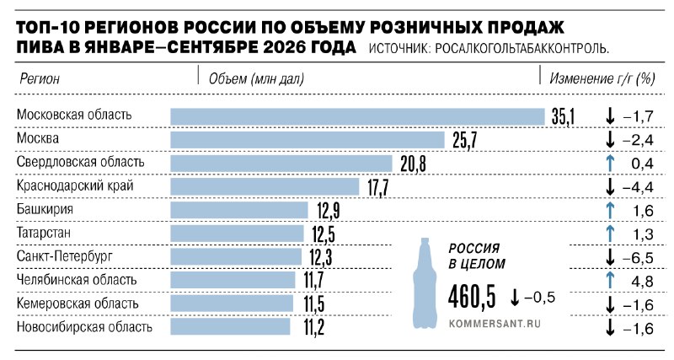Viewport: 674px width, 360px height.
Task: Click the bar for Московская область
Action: (357, 116)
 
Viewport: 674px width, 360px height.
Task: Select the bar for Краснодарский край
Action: (265, 186)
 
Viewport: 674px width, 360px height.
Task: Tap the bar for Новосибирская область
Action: (230, 326)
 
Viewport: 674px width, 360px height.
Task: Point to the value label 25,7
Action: (465, 141)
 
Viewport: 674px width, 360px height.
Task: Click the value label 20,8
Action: (413, 164)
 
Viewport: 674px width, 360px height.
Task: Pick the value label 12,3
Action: (321, 257)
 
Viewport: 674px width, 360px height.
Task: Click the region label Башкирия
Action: (45, 209)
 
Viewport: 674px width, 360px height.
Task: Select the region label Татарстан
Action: (44, 233)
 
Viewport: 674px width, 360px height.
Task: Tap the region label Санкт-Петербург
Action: (65, 256)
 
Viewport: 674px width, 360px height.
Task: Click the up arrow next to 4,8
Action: (609, 281)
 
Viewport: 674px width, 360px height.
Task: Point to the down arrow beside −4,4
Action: (609, 186)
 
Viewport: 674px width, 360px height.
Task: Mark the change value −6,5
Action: (638, 258)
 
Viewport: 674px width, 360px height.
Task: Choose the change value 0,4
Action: (643, 164)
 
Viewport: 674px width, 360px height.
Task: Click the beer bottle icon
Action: (425, 283)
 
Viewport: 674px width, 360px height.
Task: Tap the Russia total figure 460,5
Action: (472, 297)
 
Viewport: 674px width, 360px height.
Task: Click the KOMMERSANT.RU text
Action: (495, 324)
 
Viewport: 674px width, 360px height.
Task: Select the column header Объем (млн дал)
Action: (256, 78)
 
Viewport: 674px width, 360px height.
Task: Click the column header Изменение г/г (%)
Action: (602, 78)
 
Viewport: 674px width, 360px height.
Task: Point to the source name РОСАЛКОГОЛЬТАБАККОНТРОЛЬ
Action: (522, 49)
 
